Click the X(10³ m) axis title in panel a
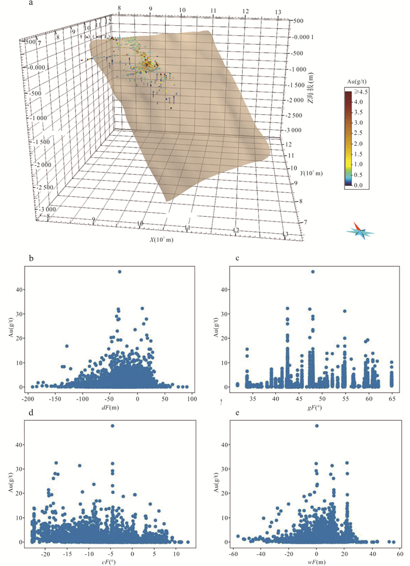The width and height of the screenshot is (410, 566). pos(160,240)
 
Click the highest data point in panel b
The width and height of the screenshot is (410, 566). pos(119,271)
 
